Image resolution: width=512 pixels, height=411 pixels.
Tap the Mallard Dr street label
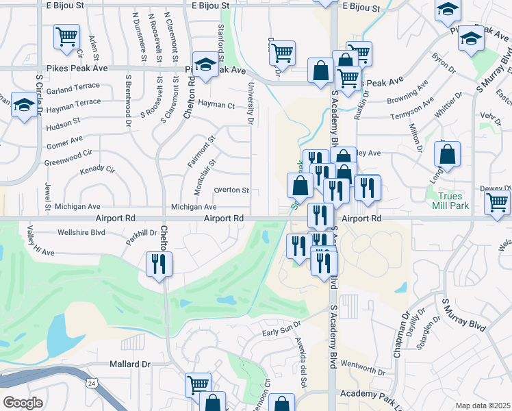point(130,365)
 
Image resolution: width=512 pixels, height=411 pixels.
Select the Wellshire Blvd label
point(81,232)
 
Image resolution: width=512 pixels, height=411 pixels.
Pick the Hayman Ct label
point(216,105)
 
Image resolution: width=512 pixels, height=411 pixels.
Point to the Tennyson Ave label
point(411,109)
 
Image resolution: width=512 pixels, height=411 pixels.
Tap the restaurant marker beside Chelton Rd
point(159,263)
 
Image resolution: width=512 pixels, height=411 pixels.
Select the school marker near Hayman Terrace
point(25,106)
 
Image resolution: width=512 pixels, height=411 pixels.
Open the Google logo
point(22,403)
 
